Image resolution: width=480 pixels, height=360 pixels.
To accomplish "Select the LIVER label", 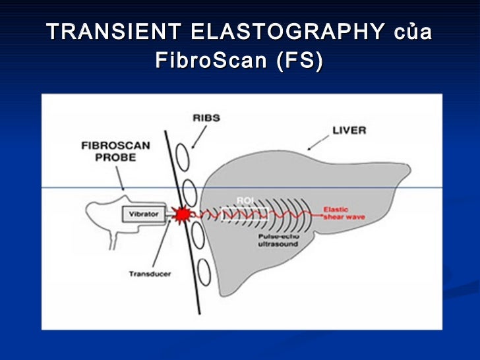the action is click(x=349, y=131).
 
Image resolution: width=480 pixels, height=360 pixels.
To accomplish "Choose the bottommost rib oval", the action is click(x=204, y=272).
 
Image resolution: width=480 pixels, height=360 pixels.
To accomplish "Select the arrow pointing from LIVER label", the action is click(x=319, y=140).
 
